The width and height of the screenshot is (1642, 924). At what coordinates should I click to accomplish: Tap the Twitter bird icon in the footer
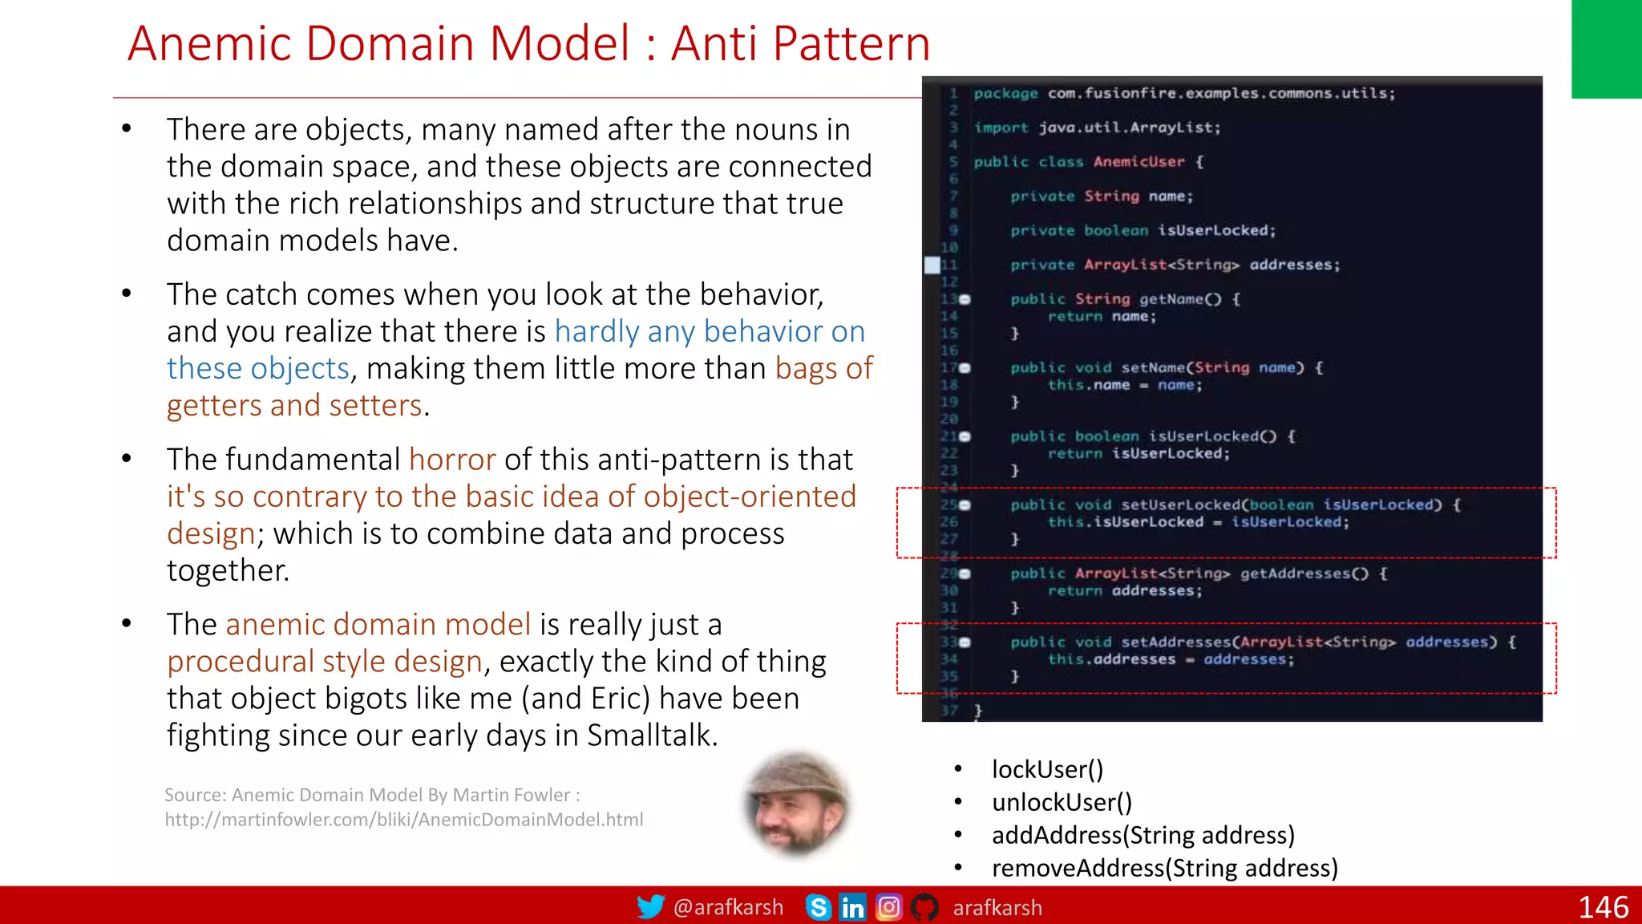click(x=650, y=906)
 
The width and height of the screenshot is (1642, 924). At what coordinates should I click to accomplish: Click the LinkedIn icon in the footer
click(x=852, y=907)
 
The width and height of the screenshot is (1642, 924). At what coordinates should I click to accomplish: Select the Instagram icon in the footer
click(x=888, y=907)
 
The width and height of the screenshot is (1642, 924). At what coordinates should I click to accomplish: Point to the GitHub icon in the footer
click(x=924, y=907)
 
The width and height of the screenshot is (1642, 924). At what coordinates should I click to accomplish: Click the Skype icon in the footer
click(x=818, y=907)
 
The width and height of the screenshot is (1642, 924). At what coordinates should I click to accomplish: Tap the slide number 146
click(x=1603, y=907)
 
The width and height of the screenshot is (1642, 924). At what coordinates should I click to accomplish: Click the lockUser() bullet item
click(x=1047, y=769)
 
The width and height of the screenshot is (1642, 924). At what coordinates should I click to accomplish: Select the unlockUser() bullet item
click(x=1062, y=802)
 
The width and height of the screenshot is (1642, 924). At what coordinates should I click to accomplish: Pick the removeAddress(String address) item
click(x=1164, y=868)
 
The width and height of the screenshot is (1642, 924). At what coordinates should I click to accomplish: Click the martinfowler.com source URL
click(x=403, y=820)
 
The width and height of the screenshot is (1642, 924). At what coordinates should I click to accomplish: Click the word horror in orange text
click(x=452, y=460)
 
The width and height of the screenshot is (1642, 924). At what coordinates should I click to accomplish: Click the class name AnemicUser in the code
click(x=1138, y=162)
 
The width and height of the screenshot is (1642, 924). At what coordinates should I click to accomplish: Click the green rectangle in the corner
click(x=1606, y=48)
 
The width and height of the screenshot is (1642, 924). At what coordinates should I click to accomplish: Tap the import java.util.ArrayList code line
click(x=1097, y=128)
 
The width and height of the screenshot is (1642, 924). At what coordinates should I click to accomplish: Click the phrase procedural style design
click(x=325, y=662)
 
